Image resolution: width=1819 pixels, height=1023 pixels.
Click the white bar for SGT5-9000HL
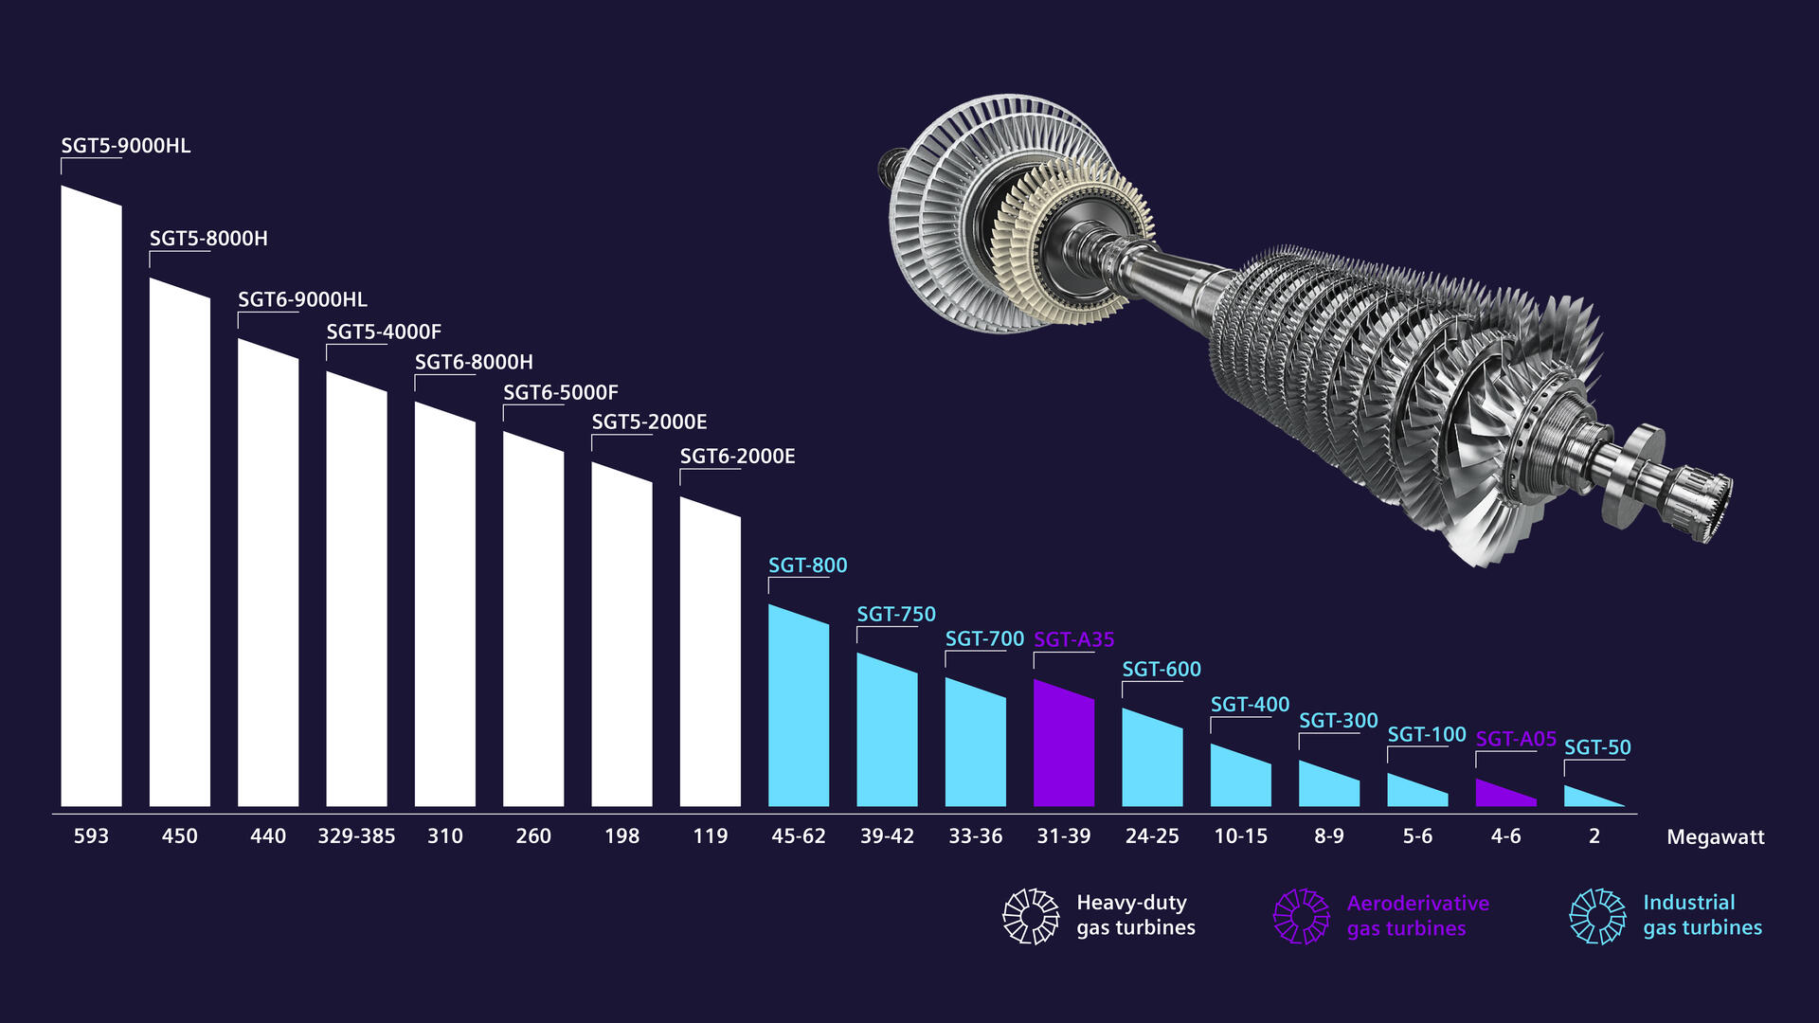[91, 502]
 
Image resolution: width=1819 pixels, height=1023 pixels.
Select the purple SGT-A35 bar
[1064, 748]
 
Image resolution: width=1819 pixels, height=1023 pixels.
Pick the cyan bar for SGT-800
[799, 710]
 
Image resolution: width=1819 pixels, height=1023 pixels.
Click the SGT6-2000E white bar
[710, 654]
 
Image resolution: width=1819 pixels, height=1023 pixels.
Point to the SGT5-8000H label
[208, 239]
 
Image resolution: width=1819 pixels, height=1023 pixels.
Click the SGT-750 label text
[896, 615]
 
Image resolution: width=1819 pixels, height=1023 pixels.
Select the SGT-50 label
[1597, 747]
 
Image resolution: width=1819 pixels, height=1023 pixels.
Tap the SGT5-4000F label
[384, 332]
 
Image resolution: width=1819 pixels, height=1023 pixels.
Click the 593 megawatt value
[91, 836]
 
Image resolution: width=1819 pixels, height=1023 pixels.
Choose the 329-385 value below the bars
[356, 836]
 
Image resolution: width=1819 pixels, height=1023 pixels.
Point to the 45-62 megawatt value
[799, 836]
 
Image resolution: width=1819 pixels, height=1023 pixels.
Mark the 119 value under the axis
[710, 836]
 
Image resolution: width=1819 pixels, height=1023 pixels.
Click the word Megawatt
[1715, 837]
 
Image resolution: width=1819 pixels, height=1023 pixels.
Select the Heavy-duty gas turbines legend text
[1135, 915]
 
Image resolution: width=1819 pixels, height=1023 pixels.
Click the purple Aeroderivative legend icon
[1302, 916]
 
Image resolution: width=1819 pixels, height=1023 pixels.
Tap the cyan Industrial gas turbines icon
[1597, 916]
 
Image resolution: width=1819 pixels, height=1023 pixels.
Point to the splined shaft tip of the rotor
[1705, 502]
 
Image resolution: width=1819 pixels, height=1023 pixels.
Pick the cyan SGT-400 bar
[1240, 779]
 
